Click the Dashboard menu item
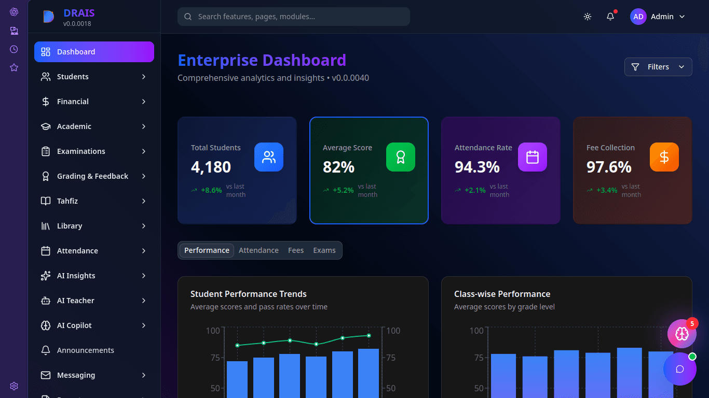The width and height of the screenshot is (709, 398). [94, 52]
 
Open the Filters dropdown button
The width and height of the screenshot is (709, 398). [658, 67]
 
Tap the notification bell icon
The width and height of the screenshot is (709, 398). [610, 17]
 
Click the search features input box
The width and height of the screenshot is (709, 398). [294, 17]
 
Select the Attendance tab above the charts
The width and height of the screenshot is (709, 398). [258, 250]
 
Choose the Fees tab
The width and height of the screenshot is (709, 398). [296, 250]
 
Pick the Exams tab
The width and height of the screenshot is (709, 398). [324, 250]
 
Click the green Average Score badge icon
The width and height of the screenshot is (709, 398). [400, 157]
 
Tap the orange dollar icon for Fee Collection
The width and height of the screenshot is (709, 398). [664, 157]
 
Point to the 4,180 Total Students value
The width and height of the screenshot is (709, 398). [211, 167]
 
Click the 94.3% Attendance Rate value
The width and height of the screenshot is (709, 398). [477, 167]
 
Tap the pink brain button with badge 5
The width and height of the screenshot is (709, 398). [681, 334]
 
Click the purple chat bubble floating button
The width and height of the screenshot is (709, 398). [679, 369]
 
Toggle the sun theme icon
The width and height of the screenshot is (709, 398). [588, 17]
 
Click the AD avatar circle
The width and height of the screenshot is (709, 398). [638, 17]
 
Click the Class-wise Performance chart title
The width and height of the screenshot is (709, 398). [502, 294]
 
